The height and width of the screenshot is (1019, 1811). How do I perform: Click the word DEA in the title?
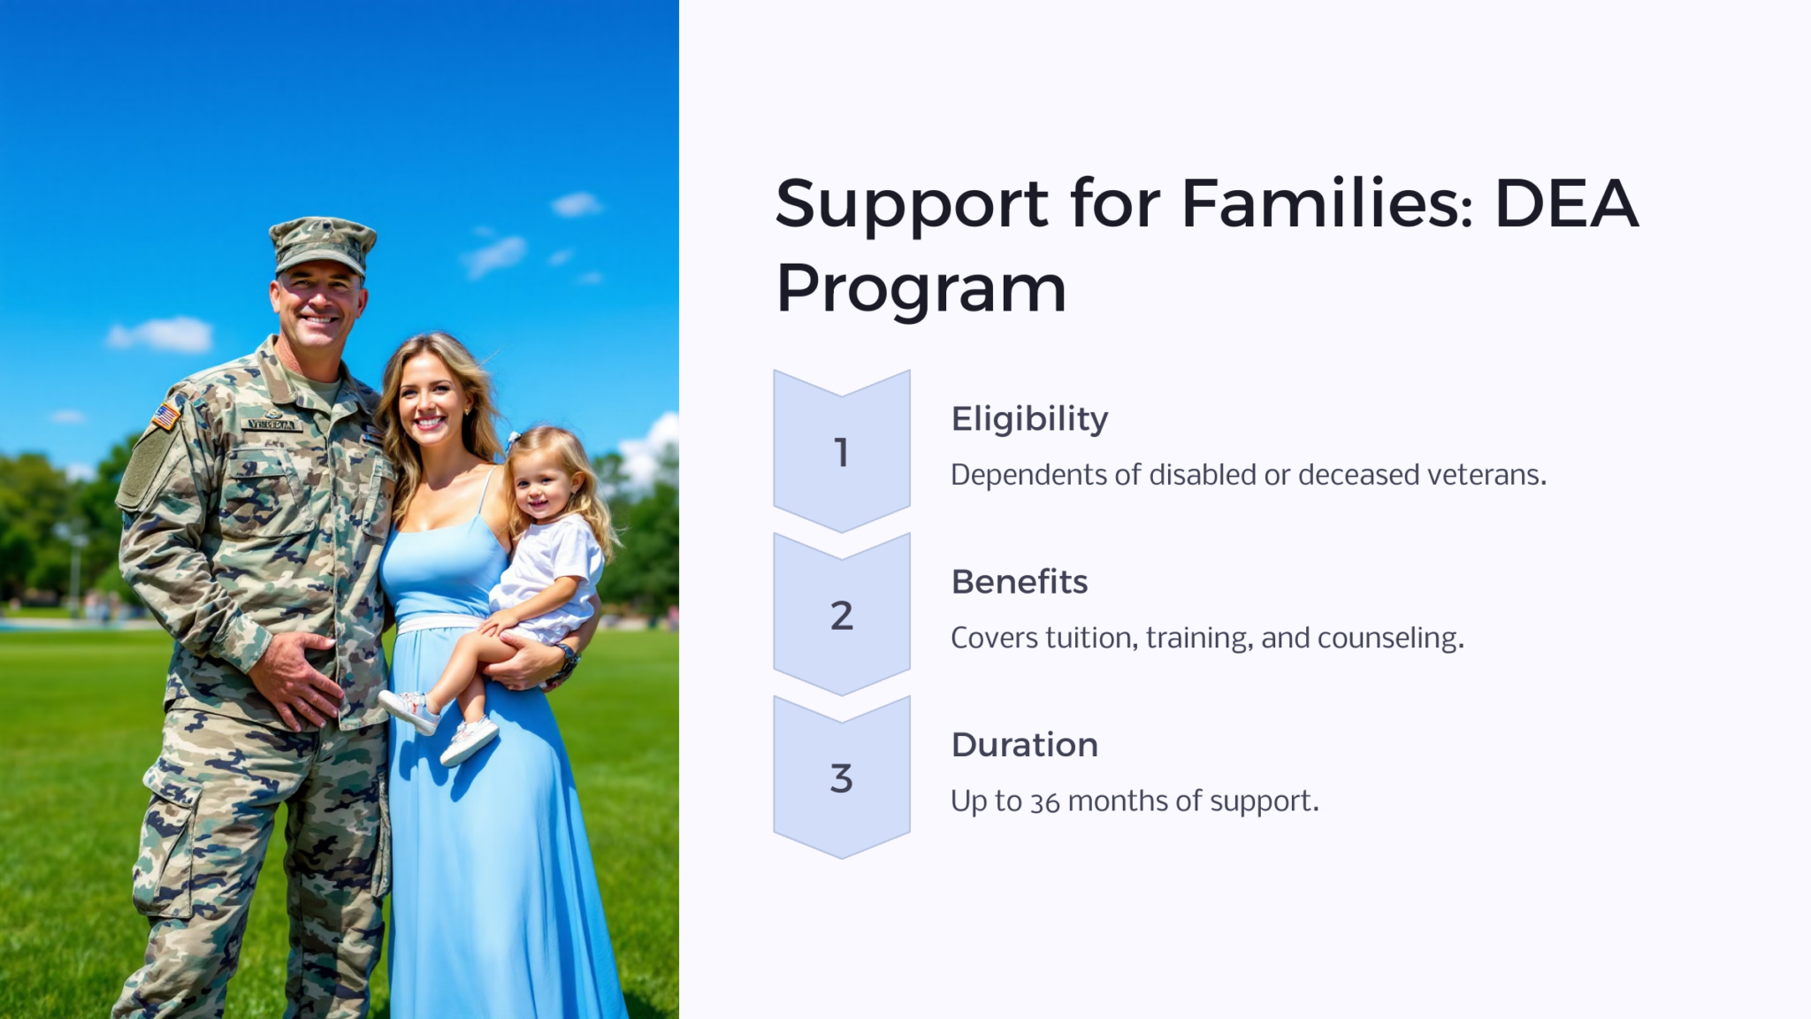[x=1565, y=204]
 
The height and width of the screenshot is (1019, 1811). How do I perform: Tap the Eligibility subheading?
[x=1029, y=419]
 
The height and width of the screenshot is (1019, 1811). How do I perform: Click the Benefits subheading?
[x=1020, y=582]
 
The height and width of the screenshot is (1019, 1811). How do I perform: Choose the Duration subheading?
[x=1024, y=745]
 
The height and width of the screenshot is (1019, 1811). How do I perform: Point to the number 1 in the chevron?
[x=841, y=453]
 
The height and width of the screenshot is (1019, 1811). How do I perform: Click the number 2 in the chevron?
[x=841, y=616]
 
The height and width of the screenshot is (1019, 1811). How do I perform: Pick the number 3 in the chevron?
[x=841, y=778]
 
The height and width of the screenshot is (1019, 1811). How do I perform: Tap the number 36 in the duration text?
[x=1044, y=802]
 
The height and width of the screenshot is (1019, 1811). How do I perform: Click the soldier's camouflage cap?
[x=322, y=243]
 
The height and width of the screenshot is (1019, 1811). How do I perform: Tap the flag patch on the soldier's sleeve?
[x=165, y=415]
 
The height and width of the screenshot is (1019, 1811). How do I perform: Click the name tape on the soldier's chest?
[x=271, y=425]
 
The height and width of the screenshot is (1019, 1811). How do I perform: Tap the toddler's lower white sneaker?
[x=469, y=739]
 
